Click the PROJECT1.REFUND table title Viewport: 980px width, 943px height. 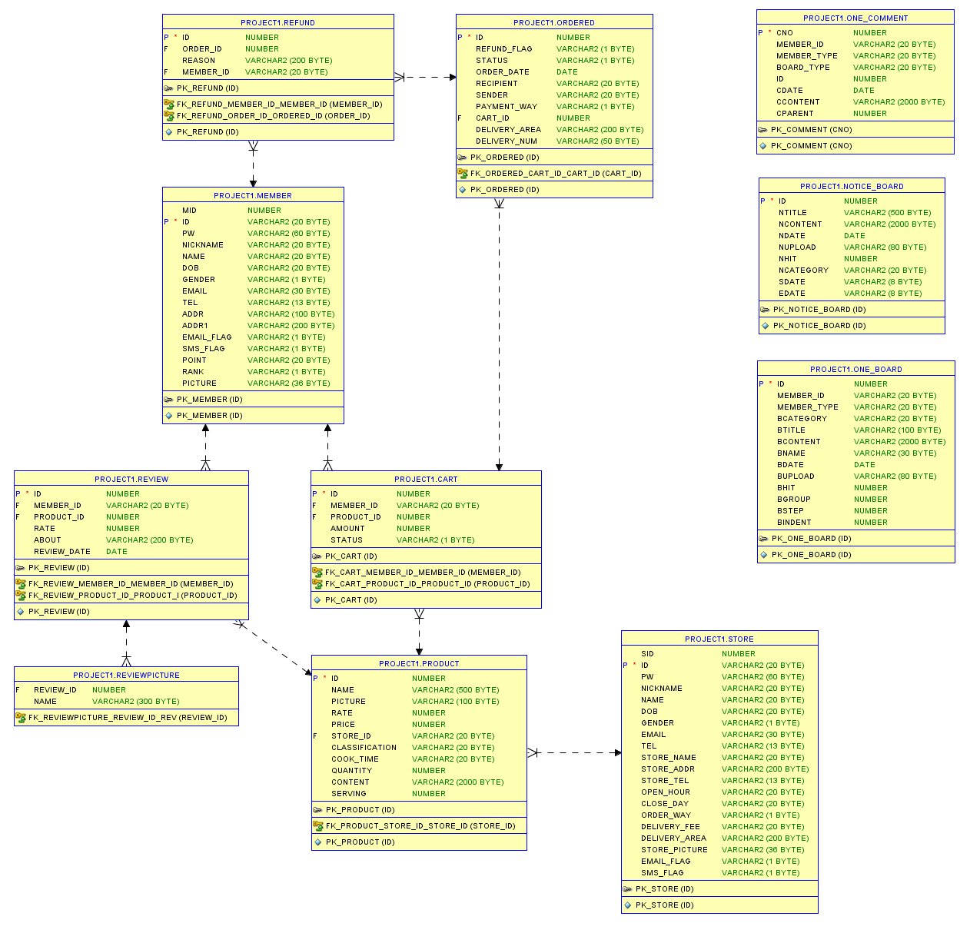277,23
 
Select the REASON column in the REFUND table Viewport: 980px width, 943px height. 198,61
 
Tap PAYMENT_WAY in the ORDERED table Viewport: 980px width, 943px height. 507,107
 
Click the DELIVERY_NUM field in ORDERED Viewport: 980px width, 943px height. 507,141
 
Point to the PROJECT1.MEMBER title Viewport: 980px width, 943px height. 253,196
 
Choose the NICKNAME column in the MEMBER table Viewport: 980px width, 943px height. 203,245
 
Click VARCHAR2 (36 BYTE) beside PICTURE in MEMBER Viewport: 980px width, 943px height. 289,384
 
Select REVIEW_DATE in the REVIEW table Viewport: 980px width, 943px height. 62,552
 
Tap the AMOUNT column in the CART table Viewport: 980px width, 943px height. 347,529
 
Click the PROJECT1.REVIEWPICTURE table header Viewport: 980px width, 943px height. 126,676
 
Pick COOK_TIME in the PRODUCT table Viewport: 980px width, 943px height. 355,759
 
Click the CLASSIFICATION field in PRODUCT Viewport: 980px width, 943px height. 364,748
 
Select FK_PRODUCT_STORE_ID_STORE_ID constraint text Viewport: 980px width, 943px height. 420,826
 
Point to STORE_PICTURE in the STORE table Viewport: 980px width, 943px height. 674,850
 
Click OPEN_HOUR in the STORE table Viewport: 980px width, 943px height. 666,792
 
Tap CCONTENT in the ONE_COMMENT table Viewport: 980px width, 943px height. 798,102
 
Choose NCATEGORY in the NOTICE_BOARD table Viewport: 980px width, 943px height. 803,271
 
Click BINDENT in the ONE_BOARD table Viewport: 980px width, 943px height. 794,523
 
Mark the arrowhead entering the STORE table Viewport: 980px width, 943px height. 618,753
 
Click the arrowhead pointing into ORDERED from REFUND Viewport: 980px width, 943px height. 453,77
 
